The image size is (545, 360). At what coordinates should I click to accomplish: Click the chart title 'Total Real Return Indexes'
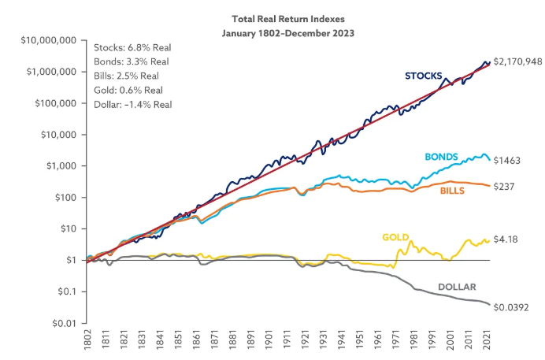288,19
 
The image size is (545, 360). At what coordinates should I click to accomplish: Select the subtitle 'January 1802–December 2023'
288,33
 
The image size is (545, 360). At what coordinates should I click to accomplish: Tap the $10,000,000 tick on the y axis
49,40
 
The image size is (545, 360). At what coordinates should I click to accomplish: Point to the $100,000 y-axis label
56,103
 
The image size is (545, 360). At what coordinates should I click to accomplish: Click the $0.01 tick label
64,324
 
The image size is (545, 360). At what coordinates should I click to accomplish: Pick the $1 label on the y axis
71,260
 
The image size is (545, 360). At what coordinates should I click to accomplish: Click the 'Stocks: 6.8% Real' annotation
132,47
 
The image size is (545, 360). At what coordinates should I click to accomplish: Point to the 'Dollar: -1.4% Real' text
133,105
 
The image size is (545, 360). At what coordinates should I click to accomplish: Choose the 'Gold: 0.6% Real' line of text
128,91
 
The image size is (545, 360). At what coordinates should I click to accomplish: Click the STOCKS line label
424,76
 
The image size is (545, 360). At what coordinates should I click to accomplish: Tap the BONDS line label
441,157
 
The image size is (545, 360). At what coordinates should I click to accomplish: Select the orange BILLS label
452,191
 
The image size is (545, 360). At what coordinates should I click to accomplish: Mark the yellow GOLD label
395,237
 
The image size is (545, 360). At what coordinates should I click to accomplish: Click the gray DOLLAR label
457,287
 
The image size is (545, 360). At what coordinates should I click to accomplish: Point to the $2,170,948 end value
517,62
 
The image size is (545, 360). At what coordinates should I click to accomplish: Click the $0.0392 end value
511,307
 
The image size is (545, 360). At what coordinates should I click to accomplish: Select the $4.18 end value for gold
506,239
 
